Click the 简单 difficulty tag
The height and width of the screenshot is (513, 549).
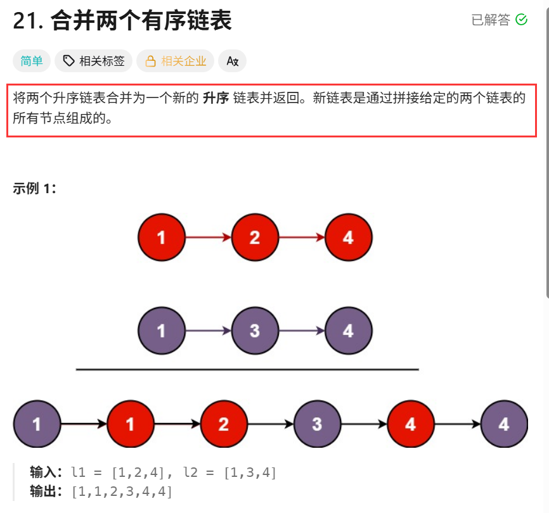point(31,61)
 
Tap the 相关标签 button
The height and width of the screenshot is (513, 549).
point(94,61)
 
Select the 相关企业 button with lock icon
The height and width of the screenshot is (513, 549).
point(176,61)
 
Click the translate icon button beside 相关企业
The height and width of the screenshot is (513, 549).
point(232,61)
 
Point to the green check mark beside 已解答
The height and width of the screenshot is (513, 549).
point(522,20)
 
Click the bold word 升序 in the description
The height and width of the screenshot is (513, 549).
point(216,99)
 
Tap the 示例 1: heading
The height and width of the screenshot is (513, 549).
point(34,188)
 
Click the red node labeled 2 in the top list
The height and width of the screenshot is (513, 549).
point(255,237)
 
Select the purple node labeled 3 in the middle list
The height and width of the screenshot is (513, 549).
point(255,331)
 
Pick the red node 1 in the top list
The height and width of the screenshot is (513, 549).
point(162,237)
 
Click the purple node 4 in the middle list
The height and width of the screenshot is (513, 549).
point(348,331)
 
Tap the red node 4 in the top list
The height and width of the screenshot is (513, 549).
point(348,237)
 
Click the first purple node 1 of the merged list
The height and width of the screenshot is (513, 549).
point(37,424)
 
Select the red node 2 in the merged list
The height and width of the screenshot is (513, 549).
point(224,424)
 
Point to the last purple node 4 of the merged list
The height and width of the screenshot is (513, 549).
point(504,424)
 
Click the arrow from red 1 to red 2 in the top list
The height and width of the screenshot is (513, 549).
point(208,237)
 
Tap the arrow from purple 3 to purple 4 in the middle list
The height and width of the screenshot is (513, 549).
point(301,331)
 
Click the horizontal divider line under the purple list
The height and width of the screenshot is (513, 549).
point(247,369)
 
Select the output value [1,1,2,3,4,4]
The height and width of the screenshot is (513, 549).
point(122,491)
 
